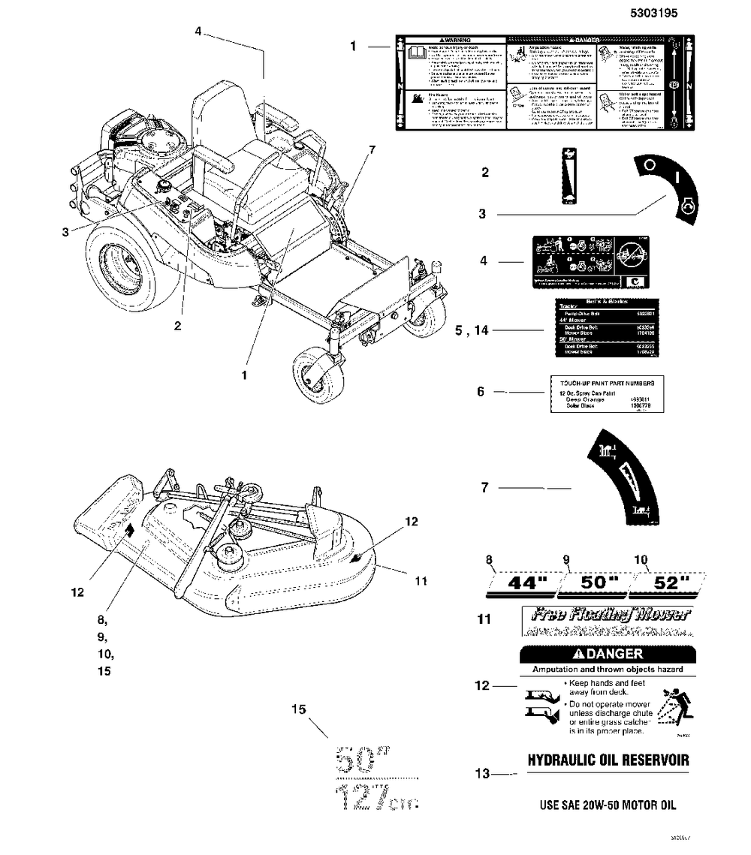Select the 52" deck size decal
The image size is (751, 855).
click(x=669, y=583)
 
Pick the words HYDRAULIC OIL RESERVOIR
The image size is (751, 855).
click(x=608, y=760)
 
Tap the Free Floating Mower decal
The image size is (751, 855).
click(x=608, y=622)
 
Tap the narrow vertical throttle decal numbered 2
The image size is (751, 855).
click(x=569, y=176)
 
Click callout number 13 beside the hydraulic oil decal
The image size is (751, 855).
click(x=484, y=772)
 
